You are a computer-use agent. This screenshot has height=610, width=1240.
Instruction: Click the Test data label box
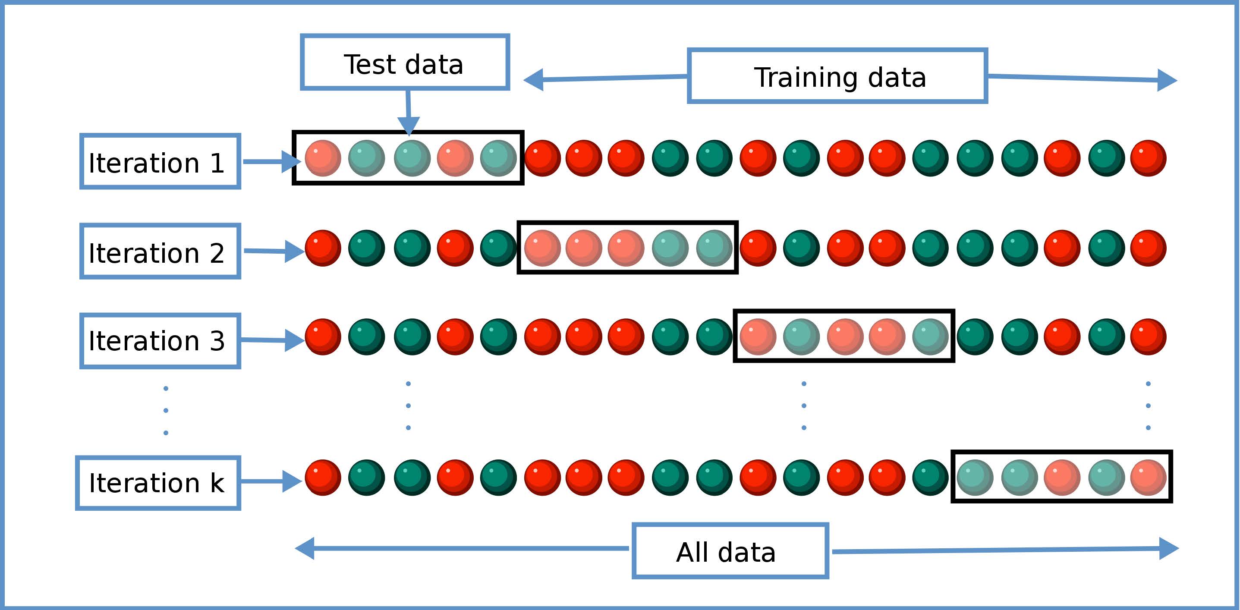404,63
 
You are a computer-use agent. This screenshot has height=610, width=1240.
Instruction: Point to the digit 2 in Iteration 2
217,253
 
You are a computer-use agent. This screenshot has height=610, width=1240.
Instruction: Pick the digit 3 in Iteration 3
217,341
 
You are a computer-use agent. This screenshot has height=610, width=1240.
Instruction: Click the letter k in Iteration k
217,482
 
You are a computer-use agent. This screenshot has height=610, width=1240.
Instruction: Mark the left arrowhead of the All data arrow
305,548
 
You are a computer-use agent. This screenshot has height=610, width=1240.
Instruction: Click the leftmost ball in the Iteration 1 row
323,158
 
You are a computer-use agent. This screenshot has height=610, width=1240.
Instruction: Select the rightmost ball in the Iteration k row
1148,477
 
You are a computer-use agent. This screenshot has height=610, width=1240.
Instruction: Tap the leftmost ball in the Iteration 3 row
323,336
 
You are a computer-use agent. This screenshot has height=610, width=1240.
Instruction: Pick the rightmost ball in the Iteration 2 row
1148,248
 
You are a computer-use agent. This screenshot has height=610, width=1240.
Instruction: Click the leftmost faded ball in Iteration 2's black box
542,248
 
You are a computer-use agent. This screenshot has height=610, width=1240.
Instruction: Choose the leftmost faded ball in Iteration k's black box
975,477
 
